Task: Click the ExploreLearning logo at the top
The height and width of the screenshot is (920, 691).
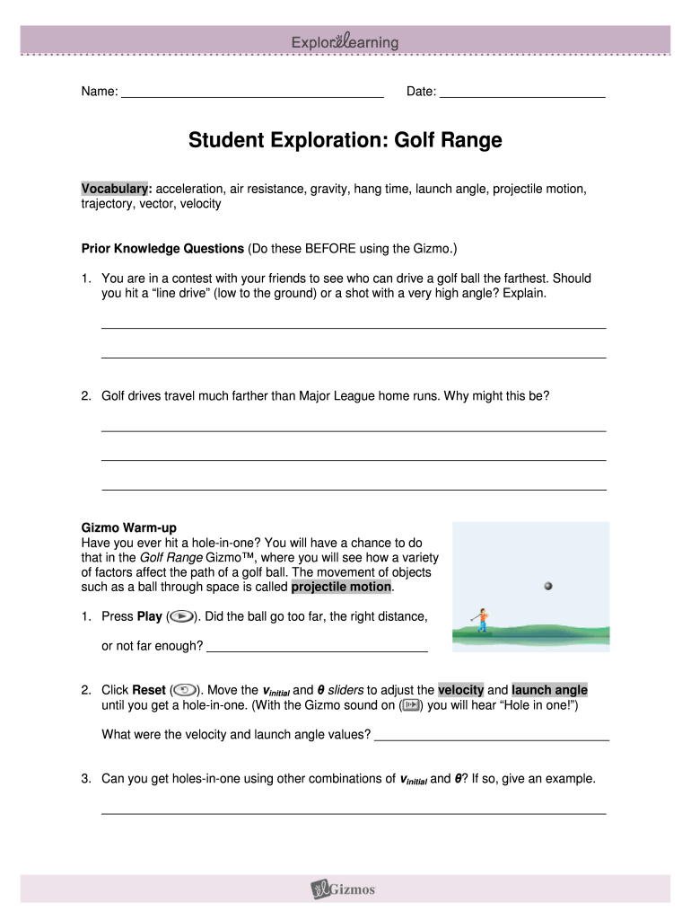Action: (345, 42)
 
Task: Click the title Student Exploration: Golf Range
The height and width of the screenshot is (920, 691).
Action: (345, 141)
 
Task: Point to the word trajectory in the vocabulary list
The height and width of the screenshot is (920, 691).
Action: (109, 204)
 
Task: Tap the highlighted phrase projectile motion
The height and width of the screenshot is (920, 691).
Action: (341, 588)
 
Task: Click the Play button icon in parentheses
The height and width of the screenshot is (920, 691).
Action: (179, 617)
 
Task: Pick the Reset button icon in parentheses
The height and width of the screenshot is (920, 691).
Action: (184, 690)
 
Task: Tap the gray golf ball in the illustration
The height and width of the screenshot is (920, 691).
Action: (547, 586)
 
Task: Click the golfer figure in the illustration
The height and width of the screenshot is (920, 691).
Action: (482, 619)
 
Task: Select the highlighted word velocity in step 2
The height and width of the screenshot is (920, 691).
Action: (460, 690)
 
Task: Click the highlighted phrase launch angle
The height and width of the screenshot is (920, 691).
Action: (550, 690)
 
